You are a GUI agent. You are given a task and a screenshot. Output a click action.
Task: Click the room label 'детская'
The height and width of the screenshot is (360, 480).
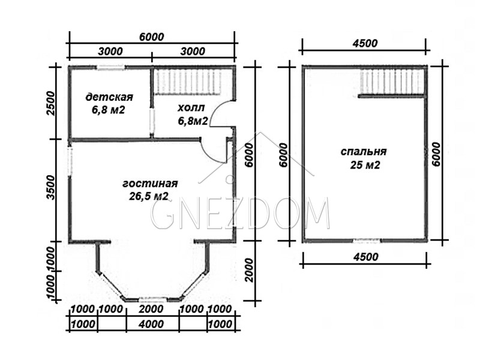click(x=109, y=97)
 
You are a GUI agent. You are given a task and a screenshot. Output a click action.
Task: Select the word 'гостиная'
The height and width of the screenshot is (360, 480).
click(x=150, y=184)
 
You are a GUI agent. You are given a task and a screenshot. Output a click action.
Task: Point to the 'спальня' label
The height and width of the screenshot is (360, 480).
click(x=364, y=152)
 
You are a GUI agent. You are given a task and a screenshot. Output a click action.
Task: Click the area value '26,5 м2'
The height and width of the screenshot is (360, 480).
click(x=149, y=196)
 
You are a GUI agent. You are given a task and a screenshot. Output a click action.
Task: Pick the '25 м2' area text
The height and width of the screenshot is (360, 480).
click(x=365, y=166)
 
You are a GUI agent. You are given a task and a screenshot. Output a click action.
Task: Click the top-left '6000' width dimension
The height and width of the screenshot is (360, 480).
click(x=152, y=37)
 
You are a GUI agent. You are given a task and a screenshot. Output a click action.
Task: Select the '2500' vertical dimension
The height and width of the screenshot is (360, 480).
click(x=52, y=103)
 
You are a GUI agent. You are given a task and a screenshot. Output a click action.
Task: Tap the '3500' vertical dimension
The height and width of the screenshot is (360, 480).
click(x=52, y=188)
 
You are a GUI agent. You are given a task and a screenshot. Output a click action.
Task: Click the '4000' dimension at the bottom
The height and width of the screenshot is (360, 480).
click(x=151, y=324)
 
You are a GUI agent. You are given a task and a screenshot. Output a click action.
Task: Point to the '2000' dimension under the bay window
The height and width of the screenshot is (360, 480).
click(x=151, y=309)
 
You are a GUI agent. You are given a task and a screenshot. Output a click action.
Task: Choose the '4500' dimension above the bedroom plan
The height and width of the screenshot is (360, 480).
click(x=365, y=43)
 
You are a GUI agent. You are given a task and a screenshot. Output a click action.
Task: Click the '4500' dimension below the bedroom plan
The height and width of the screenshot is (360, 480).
click(x=365, y=257)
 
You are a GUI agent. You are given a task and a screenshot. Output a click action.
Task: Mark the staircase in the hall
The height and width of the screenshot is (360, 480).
click(x=187, y=82)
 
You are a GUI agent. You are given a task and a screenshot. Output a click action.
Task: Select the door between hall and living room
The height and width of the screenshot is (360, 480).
click(x=212, y=151)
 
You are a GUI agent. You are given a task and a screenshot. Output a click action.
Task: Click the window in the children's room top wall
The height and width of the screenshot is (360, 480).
click(x=111, y=68)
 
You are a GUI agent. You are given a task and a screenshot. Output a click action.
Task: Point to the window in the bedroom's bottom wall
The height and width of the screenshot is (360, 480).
click(x=367, y=241)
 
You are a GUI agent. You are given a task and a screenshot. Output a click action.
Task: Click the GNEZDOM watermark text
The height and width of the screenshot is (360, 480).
click(x=241, y=214)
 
